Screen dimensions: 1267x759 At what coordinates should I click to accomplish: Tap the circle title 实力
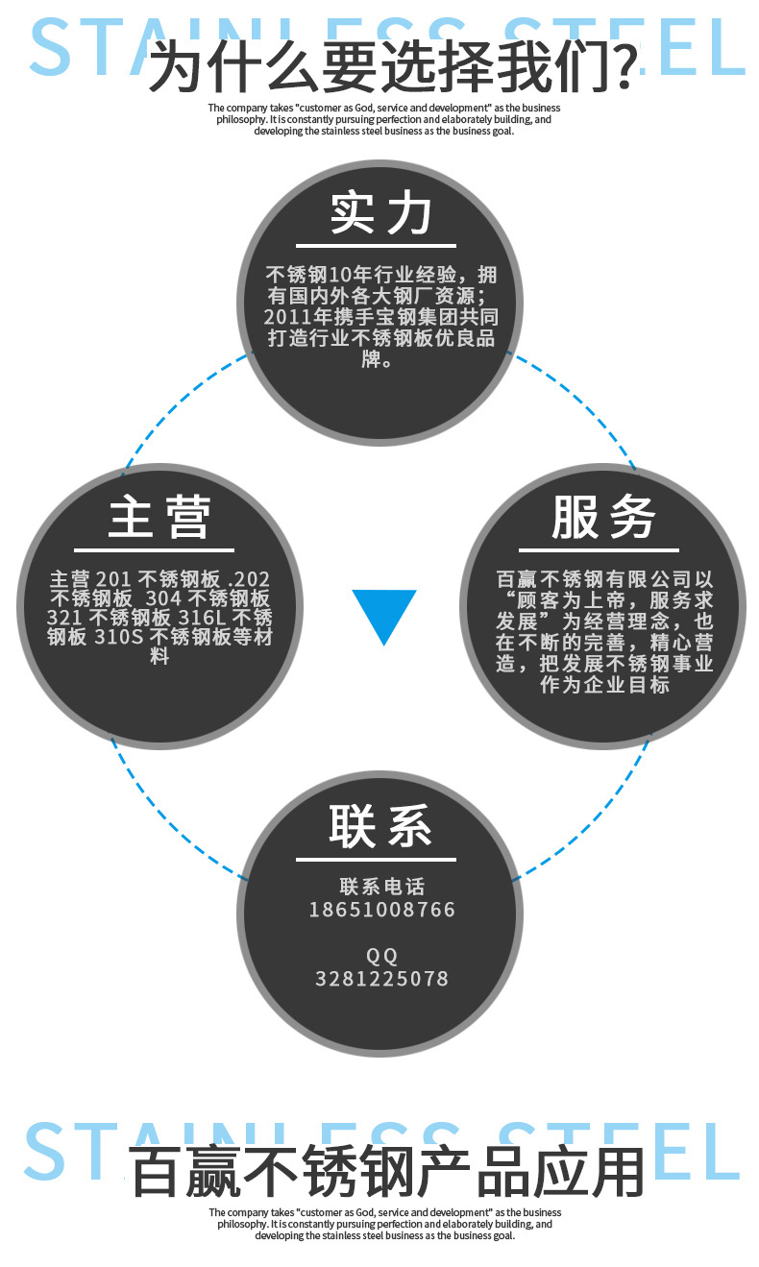[380, 213]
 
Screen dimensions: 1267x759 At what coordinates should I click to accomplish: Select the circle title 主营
[159, 518]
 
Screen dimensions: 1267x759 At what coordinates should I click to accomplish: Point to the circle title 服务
[602, 518]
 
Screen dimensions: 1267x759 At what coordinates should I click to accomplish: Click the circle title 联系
[380, 825]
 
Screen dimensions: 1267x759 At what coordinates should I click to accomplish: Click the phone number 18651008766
[381, 909]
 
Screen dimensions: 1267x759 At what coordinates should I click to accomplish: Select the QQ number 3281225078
[381, 979]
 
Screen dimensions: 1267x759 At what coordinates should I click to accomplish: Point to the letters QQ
[381, 956]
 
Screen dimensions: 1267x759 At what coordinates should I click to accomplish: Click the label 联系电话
[381, 887]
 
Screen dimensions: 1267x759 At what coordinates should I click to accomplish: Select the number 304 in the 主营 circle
[163, 597]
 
